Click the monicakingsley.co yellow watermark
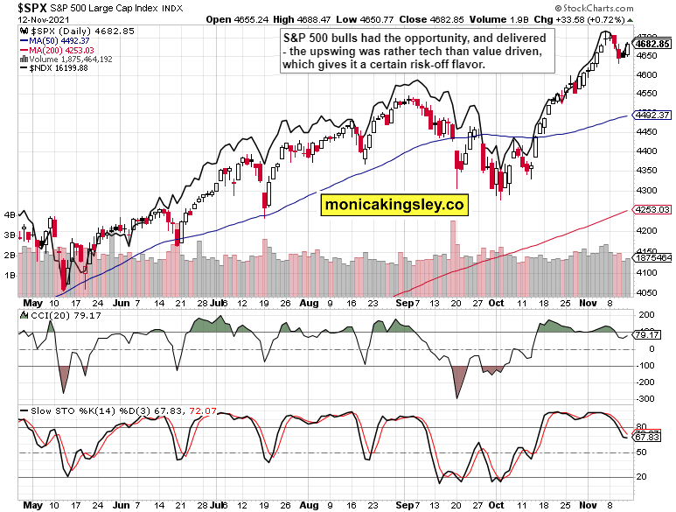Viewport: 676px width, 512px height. [394, 205]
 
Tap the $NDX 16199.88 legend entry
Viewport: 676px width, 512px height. [53, 68]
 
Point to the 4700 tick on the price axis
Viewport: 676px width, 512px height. [648, 37]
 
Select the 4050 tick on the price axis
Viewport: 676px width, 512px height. [648, 292]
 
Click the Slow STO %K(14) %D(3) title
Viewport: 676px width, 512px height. [96, 411]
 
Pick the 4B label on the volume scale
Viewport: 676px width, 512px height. [10, 214]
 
